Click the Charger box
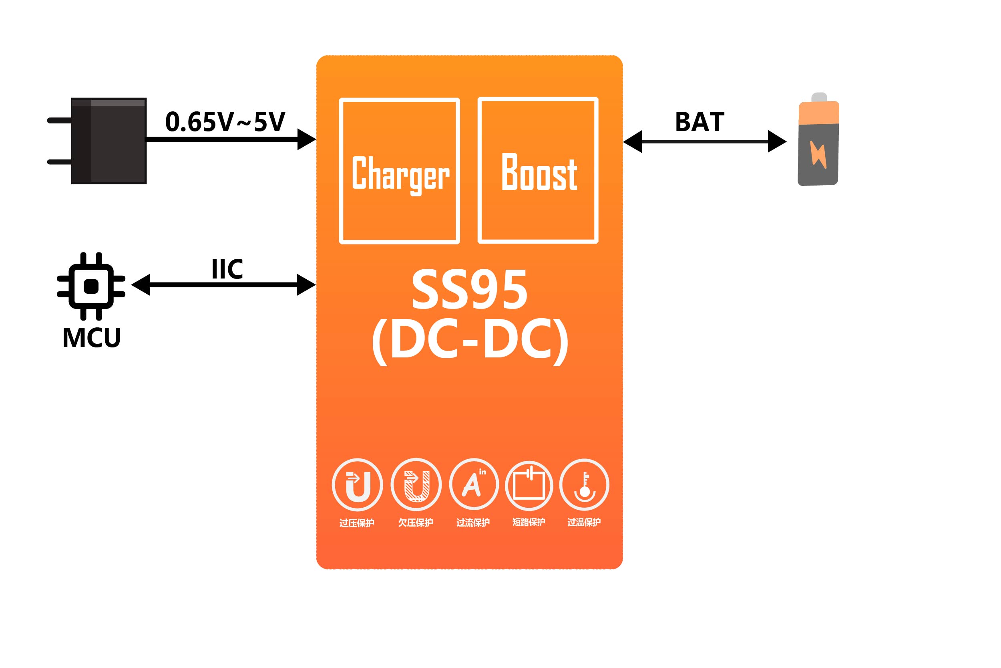click(399, 171)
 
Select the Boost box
click(538, 170)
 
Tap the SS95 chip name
click(469, 290)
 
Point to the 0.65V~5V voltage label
click(225, 122)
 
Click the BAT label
click(699, 122)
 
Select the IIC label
click(227, 269)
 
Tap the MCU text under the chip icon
click(92, 338)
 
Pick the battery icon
click(818, 141)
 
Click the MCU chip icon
click(91, 286)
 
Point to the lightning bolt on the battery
click(818, 154)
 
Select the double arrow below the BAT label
click(704, 141)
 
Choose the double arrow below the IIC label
click(223, 285)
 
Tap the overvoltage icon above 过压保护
click(357, 485)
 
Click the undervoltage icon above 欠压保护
click(416, 485)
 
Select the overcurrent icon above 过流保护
click(474, 485)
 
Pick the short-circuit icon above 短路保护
click(529, 486)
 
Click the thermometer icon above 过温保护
click(584, 485)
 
